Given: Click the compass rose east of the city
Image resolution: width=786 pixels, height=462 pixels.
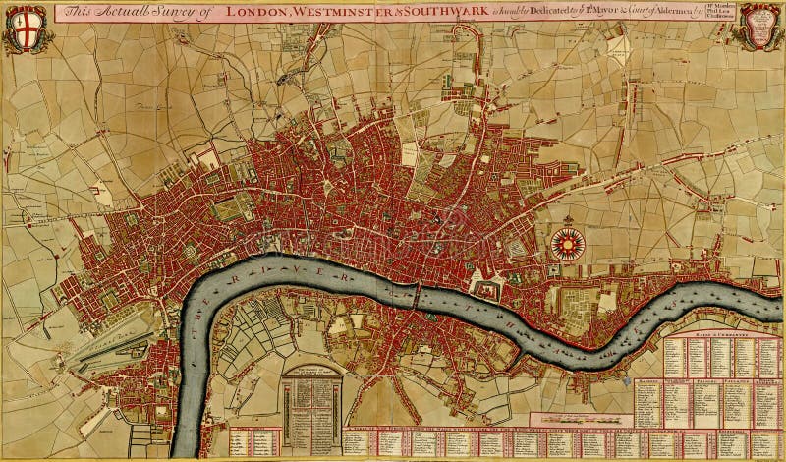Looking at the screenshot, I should (568, 243).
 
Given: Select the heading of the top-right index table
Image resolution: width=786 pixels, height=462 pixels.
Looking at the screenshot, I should (708, 335).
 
